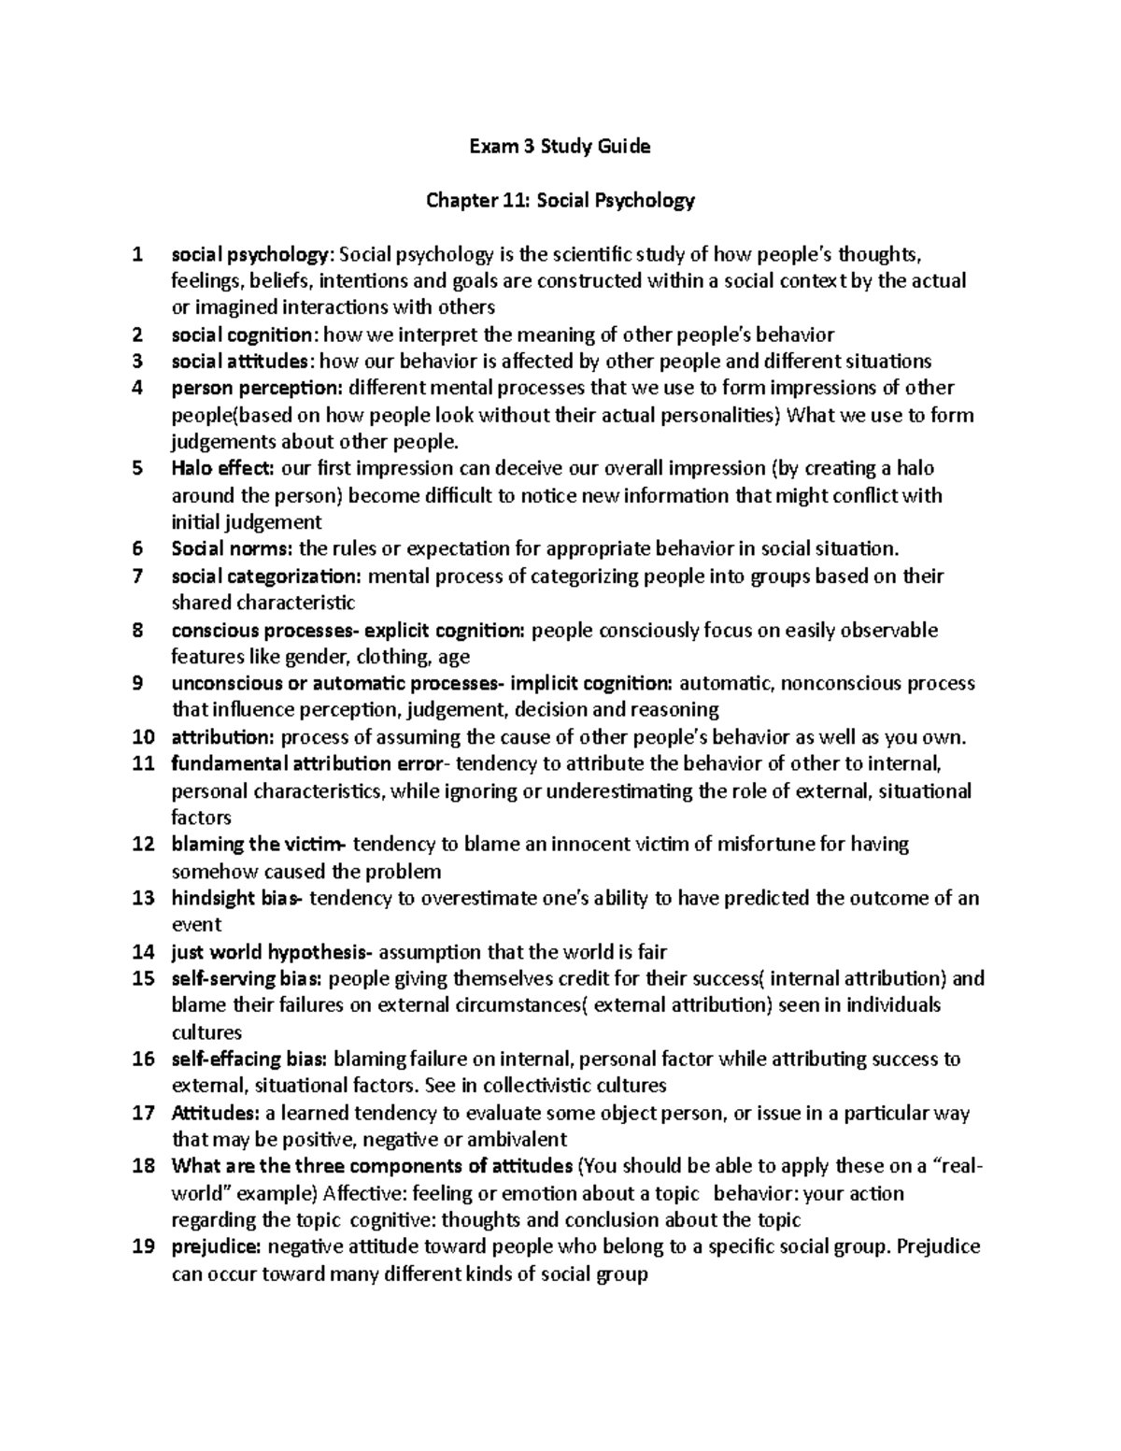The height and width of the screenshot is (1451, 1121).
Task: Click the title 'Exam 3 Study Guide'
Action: tap(560, 147)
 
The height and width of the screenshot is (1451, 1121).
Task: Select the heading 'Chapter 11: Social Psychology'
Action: tap(560, 200)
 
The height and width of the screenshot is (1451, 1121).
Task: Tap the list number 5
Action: tap(138, 468)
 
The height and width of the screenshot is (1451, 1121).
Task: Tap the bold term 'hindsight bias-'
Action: tap(237, 899)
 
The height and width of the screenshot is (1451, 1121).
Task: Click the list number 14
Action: tap(143, 953)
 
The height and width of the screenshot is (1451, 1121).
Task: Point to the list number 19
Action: tap(143, 1247)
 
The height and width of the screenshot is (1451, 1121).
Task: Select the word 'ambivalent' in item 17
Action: tap(521, 1140)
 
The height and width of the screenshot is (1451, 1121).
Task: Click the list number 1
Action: tap(138, 254)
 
